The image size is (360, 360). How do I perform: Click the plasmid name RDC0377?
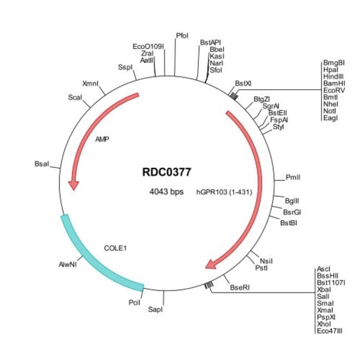click(x=167, y=172)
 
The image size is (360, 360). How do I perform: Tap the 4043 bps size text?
click(x=166, y=192)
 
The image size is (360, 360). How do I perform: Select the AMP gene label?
click(x=102, y=139)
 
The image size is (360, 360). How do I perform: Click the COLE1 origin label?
click(x=116, y=249)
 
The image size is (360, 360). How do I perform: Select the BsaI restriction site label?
click(x=42, y=164)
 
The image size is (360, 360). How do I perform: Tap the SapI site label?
click(x=156, y=309)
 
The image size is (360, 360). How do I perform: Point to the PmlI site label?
click(x=293, y=177)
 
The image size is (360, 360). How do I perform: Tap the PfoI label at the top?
click(x=182, y=35)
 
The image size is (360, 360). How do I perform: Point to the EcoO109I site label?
click(x=149, y=47)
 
